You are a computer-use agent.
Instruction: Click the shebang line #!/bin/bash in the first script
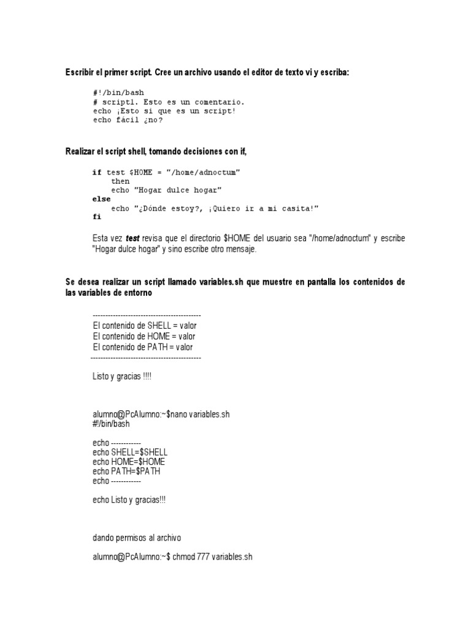(x=118, y=92)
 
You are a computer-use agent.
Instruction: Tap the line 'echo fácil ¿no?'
(x=128, y=120)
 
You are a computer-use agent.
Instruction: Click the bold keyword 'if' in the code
(x=97, y=173)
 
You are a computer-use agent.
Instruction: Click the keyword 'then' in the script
(x=120, y=181)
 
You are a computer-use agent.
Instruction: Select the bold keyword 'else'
(x=101, y=199)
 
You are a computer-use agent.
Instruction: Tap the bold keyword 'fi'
(x=97, y=217)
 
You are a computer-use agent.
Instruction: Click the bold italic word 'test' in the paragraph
(x=133, y=238)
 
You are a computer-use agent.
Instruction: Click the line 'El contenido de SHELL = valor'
(x=145, y=326)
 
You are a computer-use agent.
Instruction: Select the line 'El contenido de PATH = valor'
(x=143, y=347)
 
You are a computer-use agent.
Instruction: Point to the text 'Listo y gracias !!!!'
(x=121, y=377)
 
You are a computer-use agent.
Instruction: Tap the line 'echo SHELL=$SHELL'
(x=130, y=452)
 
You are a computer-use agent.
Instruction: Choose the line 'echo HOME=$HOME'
(x=129, y=462)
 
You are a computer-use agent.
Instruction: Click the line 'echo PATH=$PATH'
(x=127, y=471)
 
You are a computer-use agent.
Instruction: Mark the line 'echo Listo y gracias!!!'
(x=129, y=500)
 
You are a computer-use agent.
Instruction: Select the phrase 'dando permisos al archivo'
(x=137, y=538)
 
